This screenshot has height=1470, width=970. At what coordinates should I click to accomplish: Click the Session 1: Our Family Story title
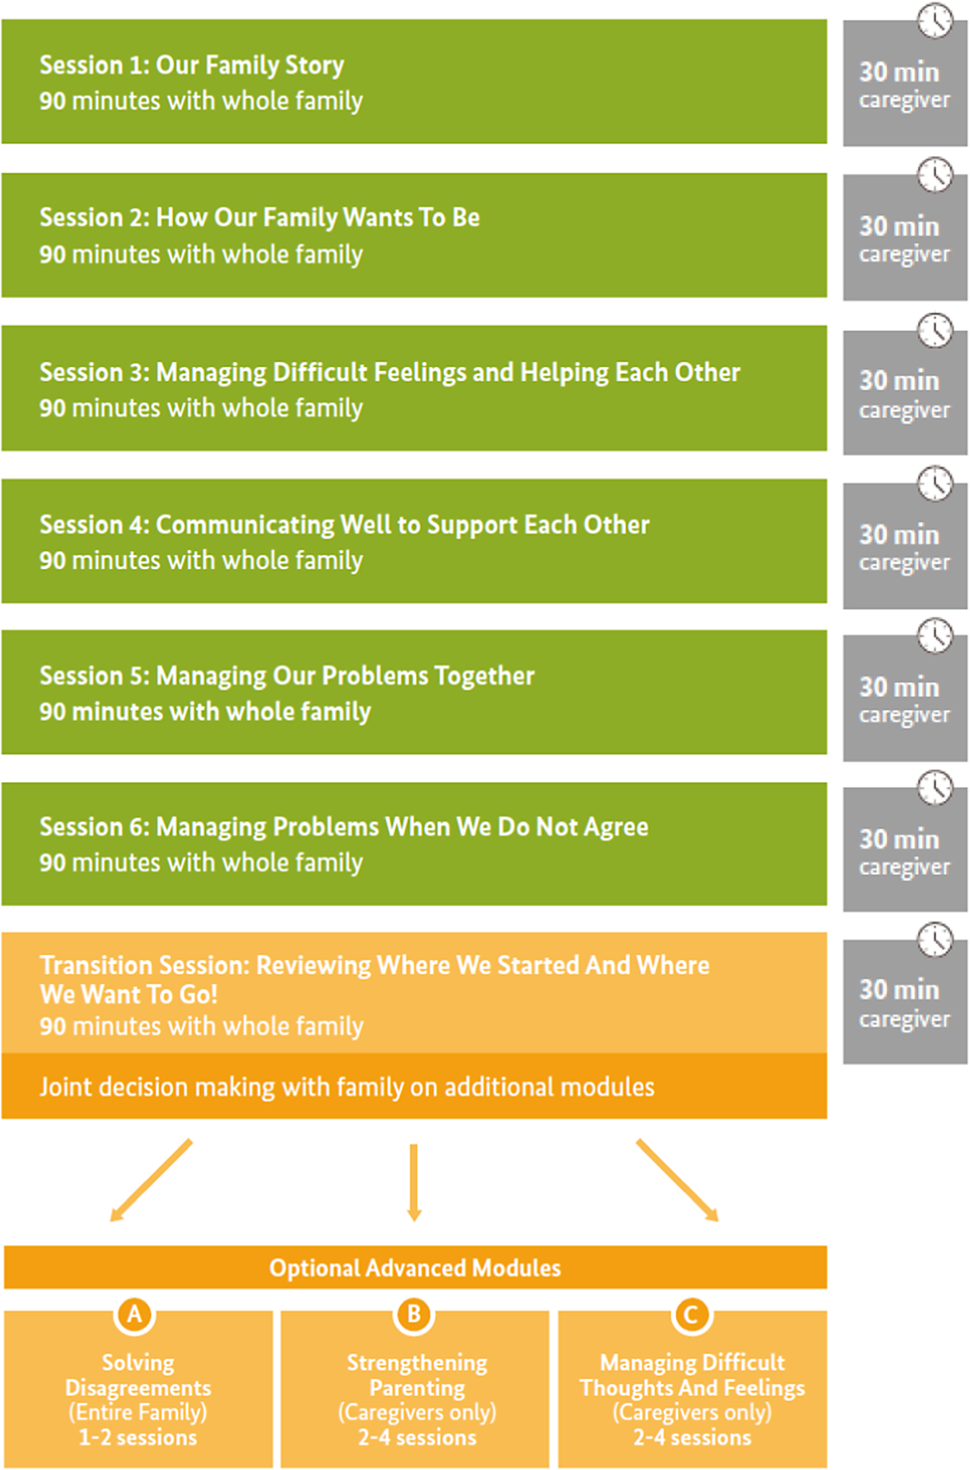(x=191, y=65)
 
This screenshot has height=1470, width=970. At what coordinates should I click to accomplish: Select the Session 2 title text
(x=260, y=217)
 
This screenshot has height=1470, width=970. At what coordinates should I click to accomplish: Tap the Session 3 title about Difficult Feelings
(x=389, y=372)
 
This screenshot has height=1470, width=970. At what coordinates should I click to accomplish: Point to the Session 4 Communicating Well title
(x=344, y=525)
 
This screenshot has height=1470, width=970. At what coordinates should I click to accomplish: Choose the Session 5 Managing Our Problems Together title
(x=287, y=676)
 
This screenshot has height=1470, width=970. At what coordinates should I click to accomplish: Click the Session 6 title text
(x=343, y=827)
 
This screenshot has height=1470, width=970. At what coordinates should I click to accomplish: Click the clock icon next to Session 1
(x=935, y=20)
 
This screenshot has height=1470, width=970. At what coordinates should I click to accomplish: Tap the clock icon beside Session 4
(x=935, y=484)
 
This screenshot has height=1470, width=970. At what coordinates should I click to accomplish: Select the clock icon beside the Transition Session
(x=935, y=940)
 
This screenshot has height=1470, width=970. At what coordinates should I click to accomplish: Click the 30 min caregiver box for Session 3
(x=905, y=393)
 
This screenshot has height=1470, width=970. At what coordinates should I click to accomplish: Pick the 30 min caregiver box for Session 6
(x=905, y=849)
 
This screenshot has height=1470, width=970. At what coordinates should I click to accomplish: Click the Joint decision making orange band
(x=414, y=1087)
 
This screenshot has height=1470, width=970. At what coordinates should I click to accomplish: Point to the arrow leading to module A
(x=151, y=1180)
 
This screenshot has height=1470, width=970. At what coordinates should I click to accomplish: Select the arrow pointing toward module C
(x=677, y=1180)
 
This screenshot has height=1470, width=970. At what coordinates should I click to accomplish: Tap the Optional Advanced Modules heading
(x=415, y=1268)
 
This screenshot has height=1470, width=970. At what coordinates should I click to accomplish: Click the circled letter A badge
(x=134, y=1314)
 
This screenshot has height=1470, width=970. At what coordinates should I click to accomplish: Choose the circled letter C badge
(x=692, y=1314)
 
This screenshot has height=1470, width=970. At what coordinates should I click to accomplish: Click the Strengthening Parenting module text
(x=417, y=1375)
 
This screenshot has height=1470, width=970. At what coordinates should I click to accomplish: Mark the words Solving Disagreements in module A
(x=138, y=1375)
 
